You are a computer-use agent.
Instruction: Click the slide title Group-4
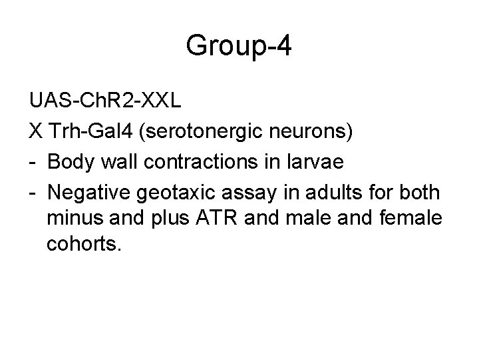click(239, 47)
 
